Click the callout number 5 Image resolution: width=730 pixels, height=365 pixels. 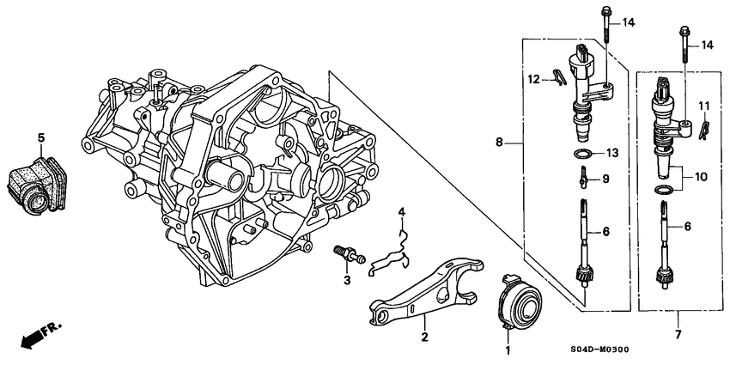tap(40, 137)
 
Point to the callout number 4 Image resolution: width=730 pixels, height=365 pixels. tap(400, 210)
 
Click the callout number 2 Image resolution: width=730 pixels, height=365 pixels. tap(423, 337)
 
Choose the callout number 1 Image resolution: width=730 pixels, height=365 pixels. tap(507, 350)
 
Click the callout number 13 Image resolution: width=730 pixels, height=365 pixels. tap(611, 153)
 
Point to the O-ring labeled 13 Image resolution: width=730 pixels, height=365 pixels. tap(583, 154)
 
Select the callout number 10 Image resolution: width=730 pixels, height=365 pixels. tap(702, 177)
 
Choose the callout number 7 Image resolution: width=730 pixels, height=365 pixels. tap(677, 335)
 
